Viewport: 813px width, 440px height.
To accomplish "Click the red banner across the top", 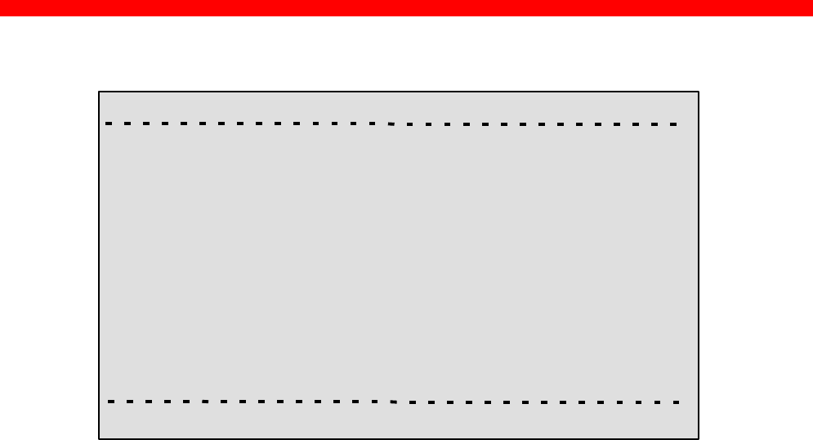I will [x=406, y=7].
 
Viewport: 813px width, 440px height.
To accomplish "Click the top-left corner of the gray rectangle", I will [x=100, y=92].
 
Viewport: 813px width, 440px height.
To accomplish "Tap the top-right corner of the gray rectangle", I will [x=699, y=92].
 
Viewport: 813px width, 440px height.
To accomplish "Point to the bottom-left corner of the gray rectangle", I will [x=100, y=438].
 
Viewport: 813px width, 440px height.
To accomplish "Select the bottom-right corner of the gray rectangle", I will [x=699, y=438].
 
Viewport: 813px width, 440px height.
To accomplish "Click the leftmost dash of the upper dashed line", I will [x=109, y=123].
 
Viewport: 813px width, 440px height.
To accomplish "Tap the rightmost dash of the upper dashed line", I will [x=675, y=124].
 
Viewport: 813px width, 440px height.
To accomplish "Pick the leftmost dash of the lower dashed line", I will [x=110, y=402].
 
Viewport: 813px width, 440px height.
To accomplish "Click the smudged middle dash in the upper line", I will [x=391, y=124].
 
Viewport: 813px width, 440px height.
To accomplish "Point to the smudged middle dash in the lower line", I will [x=393, y=402].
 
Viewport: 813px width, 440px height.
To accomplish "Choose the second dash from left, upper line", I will [x=127, y=123].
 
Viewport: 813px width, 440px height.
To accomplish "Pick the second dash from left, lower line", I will [x=129, y=402].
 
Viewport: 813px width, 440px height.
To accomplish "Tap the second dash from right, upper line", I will [x=656, y=124].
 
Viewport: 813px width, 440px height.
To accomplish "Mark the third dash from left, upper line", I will [x=146, y=123].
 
